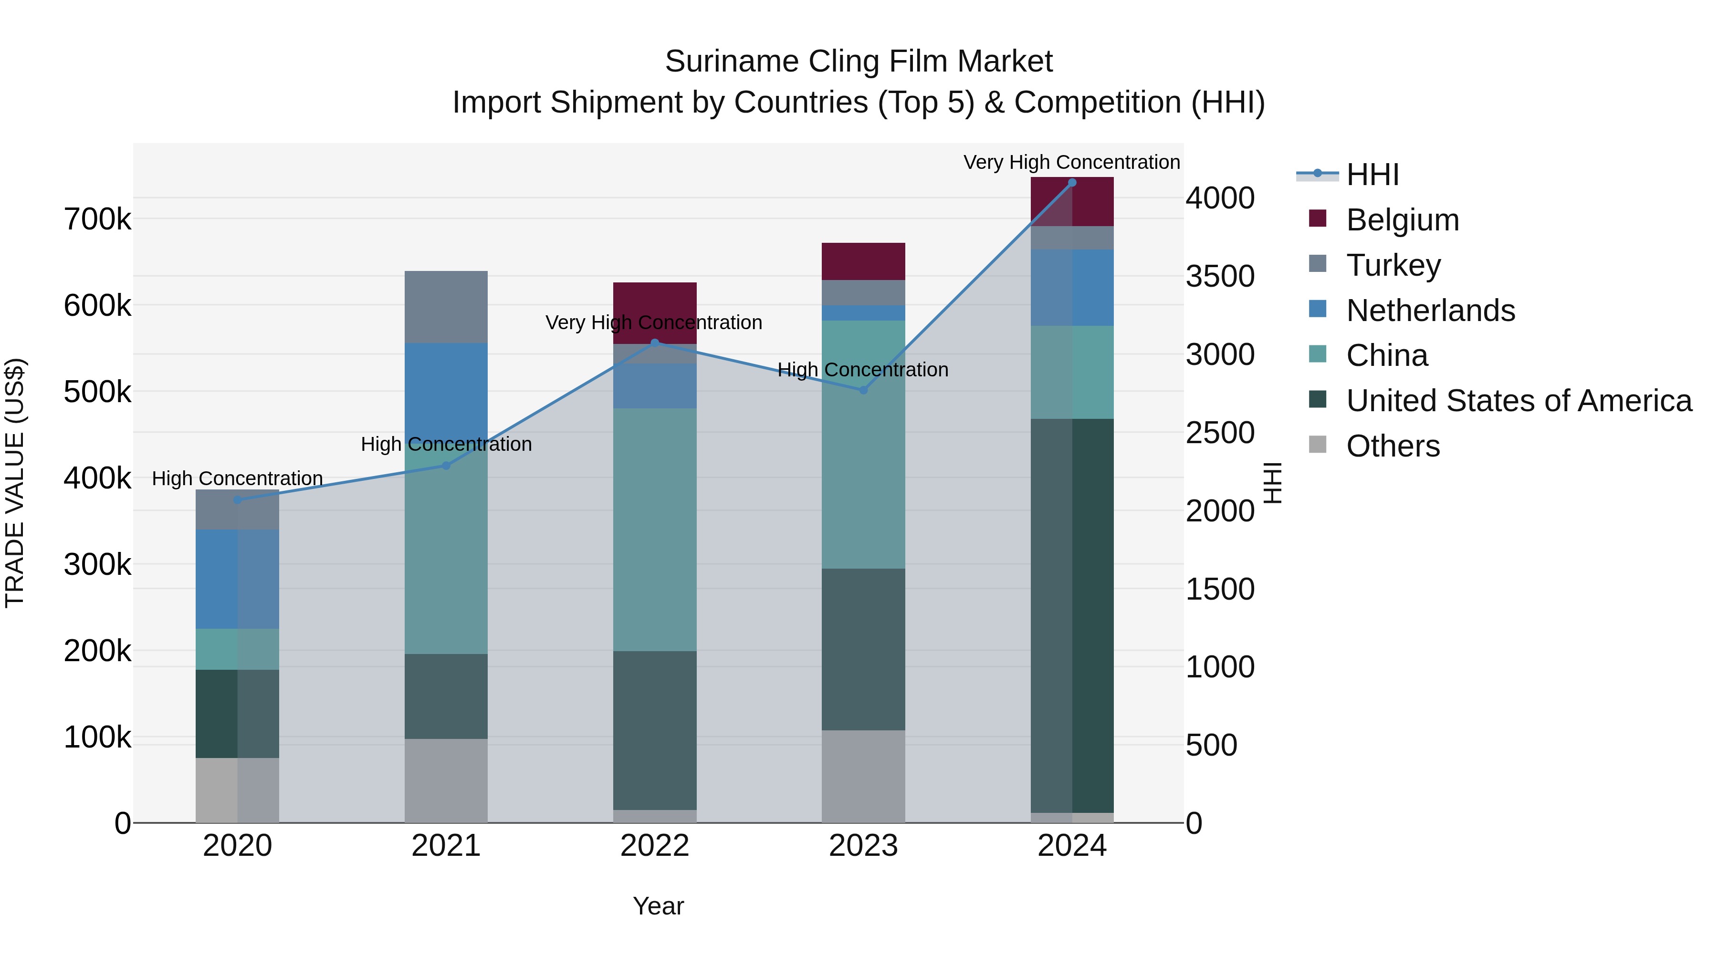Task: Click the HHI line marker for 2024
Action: (1072, 183)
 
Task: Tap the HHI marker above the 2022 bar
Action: (655, 343)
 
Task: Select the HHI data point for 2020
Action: (238, 499)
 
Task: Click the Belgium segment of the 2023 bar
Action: (863, 261)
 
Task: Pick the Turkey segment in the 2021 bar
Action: (446, 307)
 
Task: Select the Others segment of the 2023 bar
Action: (863, 776)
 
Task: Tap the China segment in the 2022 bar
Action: (655, 530)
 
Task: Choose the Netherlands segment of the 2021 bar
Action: (446, 390)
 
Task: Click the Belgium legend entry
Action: (1403, 220)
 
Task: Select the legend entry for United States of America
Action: (1519, 401)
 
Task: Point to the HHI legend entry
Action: (1372, 175)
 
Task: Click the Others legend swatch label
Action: (1393, 446)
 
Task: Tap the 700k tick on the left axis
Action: (97, 219)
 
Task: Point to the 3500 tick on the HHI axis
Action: (1220, 276)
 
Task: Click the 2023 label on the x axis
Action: (863, 846)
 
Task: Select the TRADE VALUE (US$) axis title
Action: (15, 483)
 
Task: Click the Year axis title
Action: (658, 906)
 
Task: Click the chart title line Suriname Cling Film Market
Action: (859, 62)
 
